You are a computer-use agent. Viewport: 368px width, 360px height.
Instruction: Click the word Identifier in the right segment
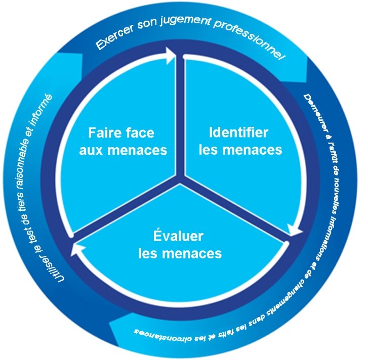(238, 132)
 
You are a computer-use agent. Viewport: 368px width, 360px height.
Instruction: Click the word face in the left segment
(140, 132)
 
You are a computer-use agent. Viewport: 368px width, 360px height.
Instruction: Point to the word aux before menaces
(91, 151)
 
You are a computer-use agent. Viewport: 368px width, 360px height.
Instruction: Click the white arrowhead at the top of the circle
(171, 56)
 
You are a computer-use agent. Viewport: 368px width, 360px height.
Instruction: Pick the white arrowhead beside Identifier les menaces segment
(295, 230)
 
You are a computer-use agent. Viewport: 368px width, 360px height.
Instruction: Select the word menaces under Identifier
(252, 150)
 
